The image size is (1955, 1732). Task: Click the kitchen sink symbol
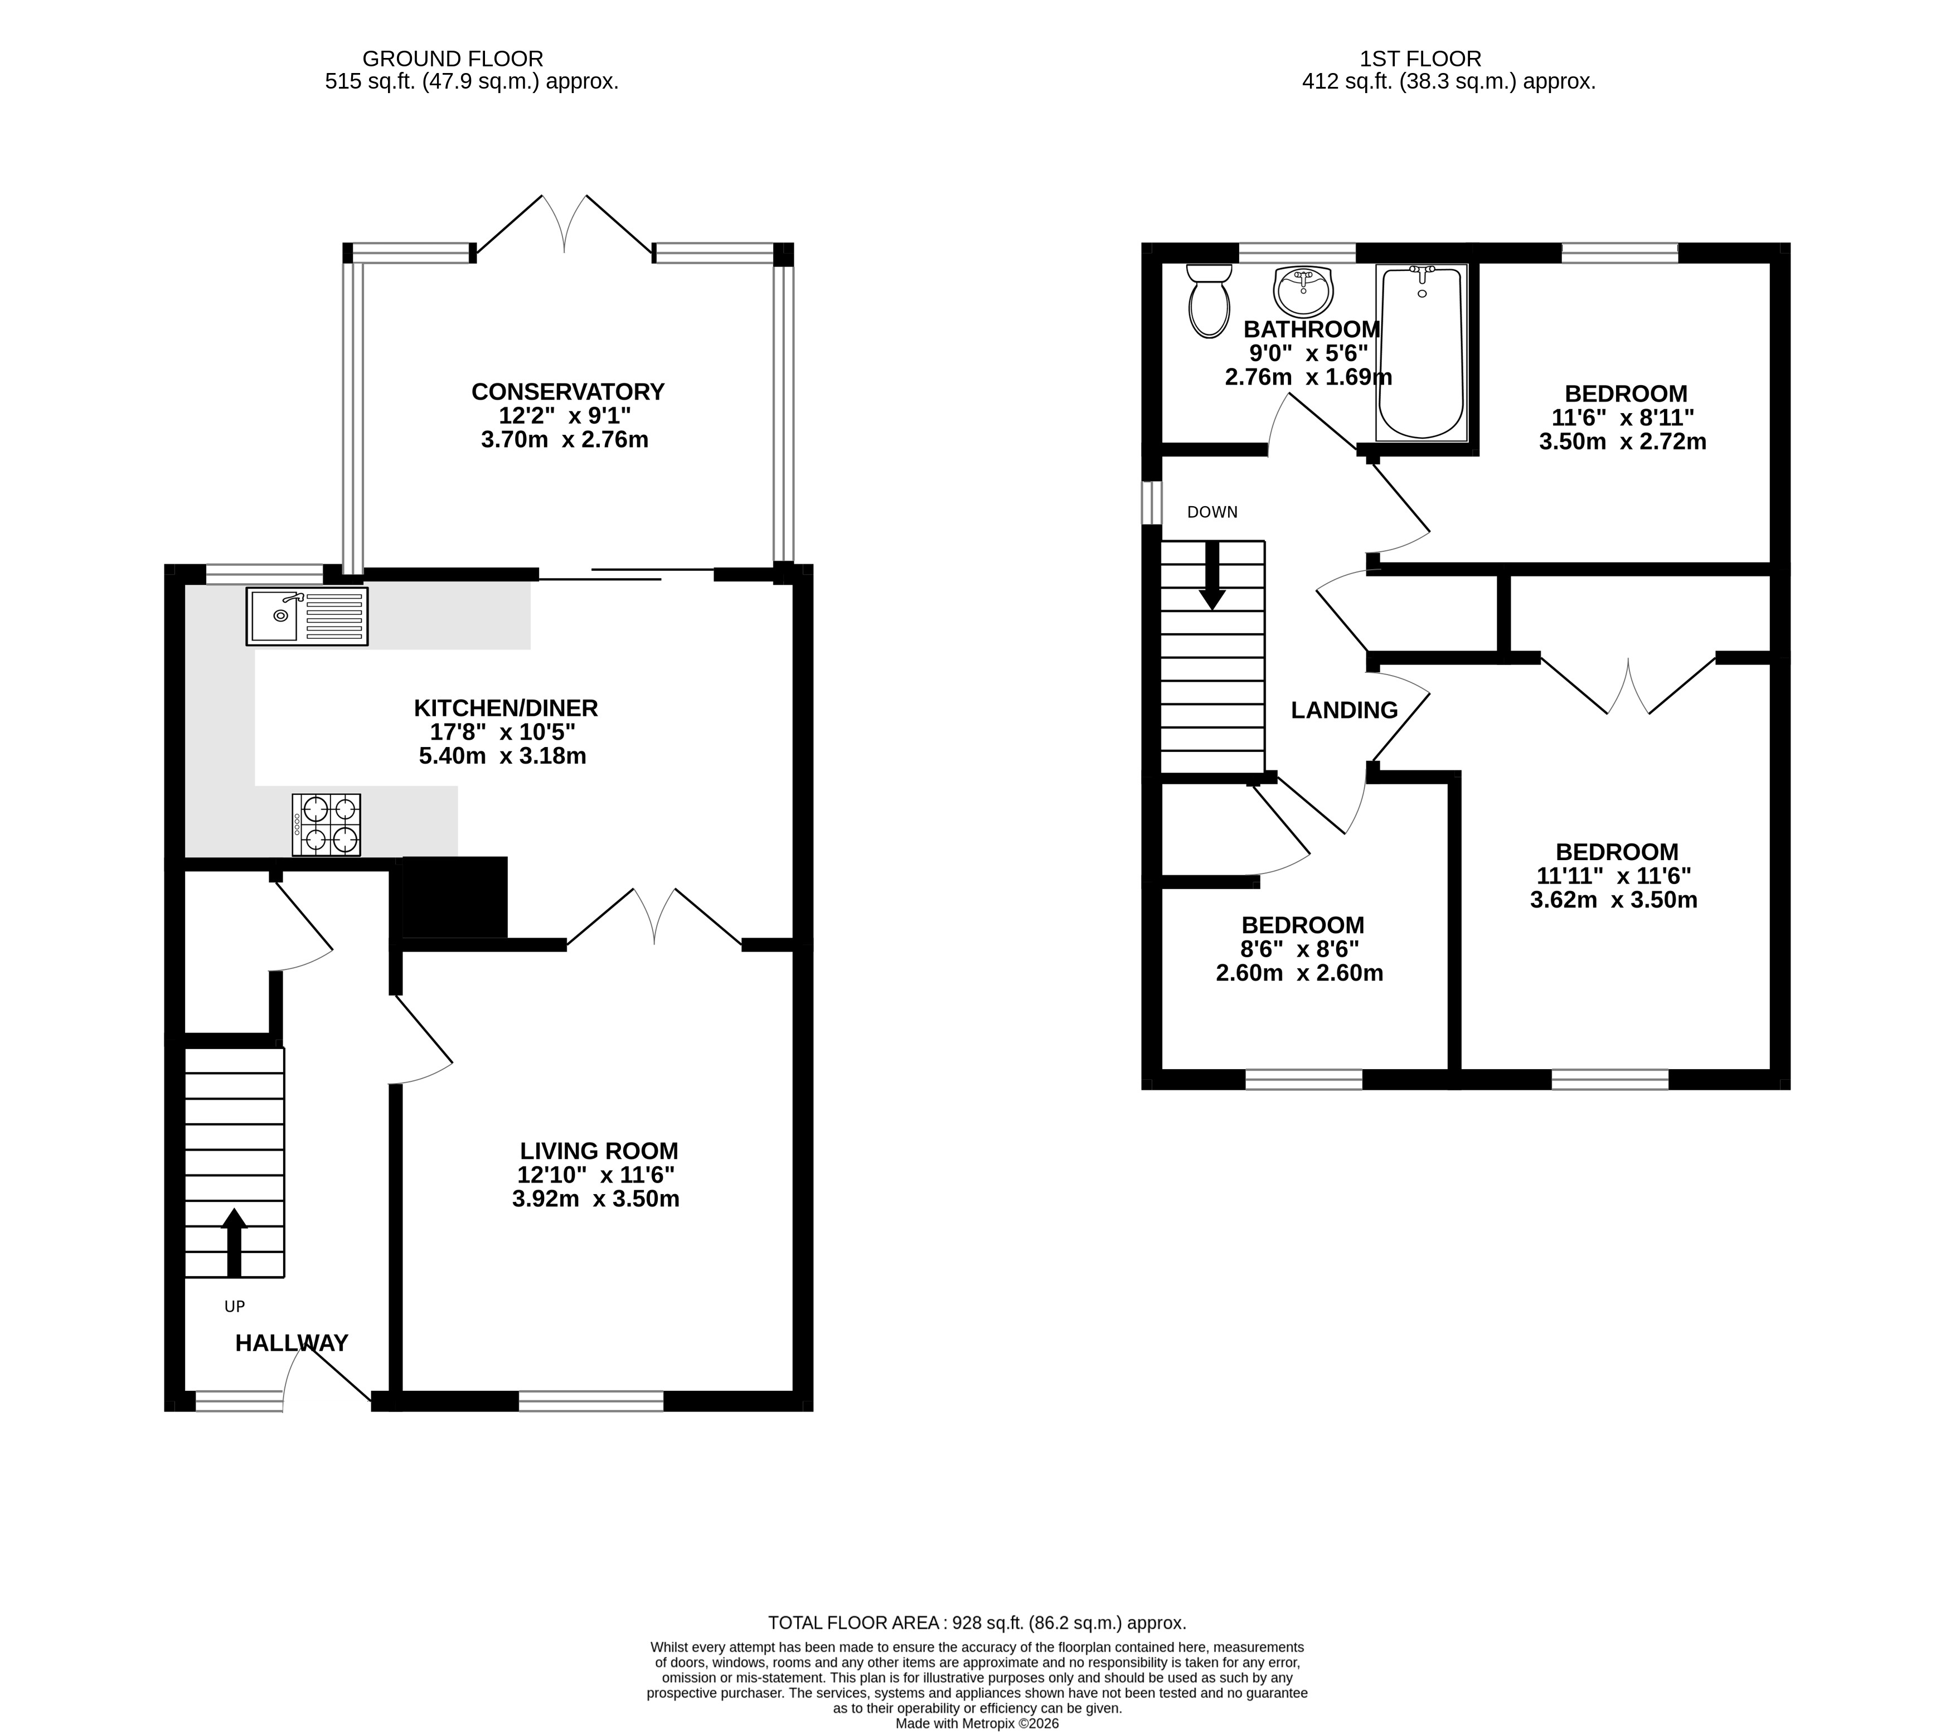pyautogui.click(x=307, y=617)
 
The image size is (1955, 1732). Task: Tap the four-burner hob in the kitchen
pyautogui.click(x=326, y=824)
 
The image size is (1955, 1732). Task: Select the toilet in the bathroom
pyautogui.click(x=1209, y=300)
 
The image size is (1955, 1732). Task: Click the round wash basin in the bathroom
pyautogui.click(x=1303, y=291)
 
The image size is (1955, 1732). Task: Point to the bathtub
pyautogui.click(x=1422, y=352)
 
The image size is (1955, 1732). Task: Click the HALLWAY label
pyautogui.click(x=292, y=1343)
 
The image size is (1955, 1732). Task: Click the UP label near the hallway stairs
pyautogui.click(x=234, y=1307)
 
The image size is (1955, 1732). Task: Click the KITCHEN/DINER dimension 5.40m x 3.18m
pyautogui.click(x=502, y=756)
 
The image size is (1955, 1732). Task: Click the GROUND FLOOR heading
pyautogui.click(x=453, y=59)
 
